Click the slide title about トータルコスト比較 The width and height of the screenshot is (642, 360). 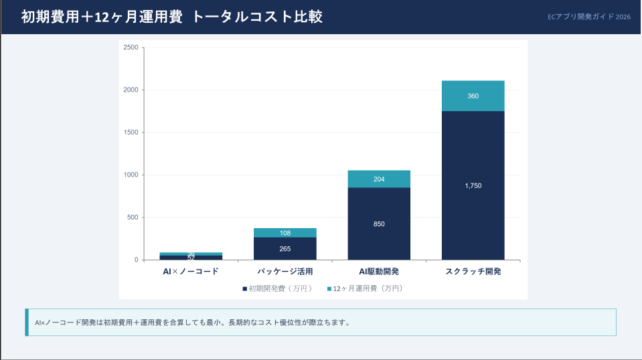coord(172,17)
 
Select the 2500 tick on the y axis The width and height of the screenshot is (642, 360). coord(131,48)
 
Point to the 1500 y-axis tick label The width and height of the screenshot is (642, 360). coord(131,132)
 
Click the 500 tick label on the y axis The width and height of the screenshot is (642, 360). coord(133,217)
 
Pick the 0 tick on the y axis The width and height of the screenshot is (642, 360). coord(136,260)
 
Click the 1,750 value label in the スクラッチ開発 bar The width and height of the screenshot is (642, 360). coord(473,186)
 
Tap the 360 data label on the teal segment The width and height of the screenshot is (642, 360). coord(473,96)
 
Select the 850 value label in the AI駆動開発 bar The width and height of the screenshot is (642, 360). coord(379,224)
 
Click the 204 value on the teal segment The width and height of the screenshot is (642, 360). coord(379,179)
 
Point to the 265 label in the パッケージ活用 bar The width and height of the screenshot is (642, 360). coord(285,249)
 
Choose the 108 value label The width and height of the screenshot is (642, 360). coord(285,233)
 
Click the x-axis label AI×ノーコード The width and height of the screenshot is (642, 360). coord(191,272)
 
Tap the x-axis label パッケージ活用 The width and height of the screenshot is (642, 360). coord(285,272)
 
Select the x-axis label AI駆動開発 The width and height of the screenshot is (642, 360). coord(379,272)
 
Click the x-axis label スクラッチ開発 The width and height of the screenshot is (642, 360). coord(473,272)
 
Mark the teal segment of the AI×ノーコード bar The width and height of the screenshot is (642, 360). coord(191,254)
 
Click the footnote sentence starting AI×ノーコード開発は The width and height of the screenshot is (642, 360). coord(192,323)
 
